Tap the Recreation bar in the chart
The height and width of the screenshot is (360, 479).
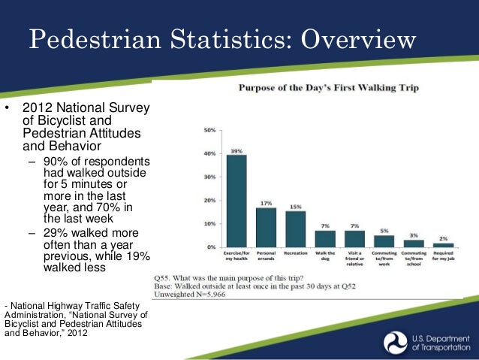click(295, 228)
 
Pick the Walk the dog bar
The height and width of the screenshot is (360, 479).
click(325, 238)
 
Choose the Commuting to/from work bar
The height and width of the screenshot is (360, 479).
click(384, 241)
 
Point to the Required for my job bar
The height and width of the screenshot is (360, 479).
click(444, 244)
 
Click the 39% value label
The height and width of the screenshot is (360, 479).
click(236, 150)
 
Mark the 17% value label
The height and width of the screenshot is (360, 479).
click(266, 203)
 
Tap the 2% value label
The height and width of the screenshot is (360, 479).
click(444, 237)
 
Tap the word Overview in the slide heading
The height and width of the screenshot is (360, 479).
click(348, 40)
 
